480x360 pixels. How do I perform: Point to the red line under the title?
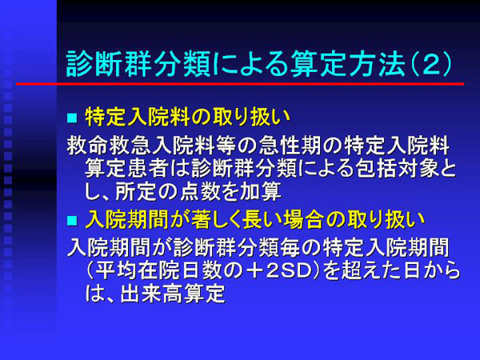click(x=240, y=83)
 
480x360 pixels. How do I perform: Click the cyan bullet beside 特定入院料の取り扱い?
click(x=72, y=118)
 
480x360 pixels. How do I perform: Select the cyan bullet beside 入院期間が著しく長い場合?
click(x=72, y=221)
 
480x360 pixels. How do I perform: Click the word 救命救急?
click(x=109, y=146)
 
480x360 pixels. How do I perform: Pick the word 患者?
click(x=148, y=169)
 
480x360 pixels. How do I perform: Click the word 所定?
click(x=137, y=192)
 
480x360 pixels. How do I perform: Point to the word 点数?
click(x=201, y=192)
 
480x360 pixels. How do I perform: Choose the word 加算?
click(x=261, y=192)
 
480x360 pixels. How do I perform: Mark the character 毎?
click(x=290, y=248)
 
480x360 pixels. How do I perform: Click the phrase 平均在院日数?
click(x=158, y=271)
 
